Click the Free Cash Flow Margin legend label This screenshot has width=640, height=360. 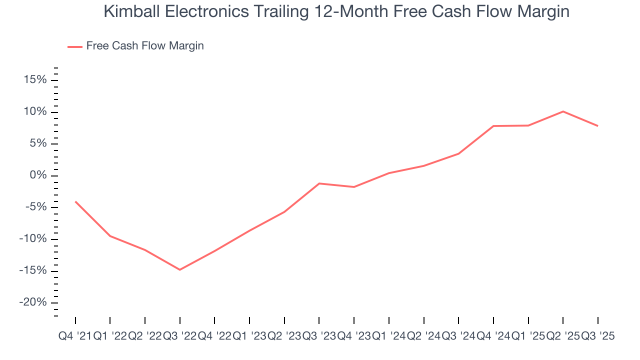(x=145, y=46)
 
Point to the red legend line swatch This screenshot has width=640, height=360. (x=75, y=46)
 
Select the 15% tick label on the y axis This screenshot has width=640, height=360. (x=34, y=80)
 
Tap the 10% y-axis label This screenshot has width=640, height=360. (x=34, y=112)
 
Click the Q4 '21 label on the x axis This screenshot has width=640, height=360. (x=74, y=336)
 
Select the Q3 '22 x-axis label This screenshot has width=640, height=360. (x=179, y=336)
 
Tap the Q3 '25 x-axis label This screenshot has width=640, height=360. (x=597, y=336)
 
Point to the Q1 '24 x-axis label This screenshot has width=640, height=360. (x=388, y=336)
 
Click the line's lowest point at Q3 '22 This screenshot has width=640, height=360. (x=179, y=269)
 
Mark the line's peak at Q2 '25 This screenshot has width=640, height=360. (x=563, y=111)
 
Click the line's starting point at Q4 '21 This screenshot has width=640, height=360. (x=75, y=201)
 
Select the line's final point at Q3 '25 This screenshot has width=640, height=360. (x=597, y=125)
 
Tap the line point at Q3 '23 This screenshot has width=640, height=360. (x=319, y=183)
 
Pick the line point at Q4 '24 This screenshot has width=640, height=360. (x=493, y=126)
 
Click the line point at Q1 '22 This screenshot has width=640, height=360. (x=110, y=235)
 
